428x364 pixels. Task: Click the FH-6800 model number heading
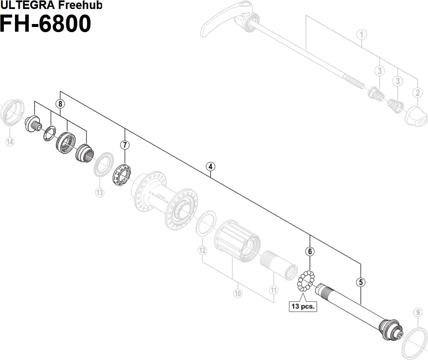click(x=45, y=24)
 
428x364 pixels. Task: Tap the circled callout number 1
click(x=362, y=34)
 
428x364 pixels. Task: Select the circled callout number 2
click(x=418, y=92)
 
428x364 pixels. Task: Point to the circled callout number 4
click(x=210, y=167)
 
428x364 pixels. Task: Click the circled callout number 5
click(x=361, y=282)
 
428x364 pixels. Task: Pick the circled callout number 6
click(x=310, y=251)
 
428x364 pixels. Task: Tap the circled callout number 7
click(x=125, y=145)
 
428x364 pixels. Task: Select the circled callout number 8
click(x=60, y=104)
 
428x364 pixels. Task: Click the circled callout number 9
click(x=418, y=313)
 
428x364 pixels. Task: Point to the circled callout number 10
click(x=238, y=294)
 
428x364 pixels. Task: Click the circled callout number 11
click(x=273, y=290)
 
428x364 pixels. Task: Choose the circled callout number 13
click(x=99, y=193)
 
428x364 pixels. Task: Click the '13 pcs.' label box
click(x=303, y=307)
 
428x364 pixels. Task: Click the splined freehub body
click(x=237, y=242)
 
